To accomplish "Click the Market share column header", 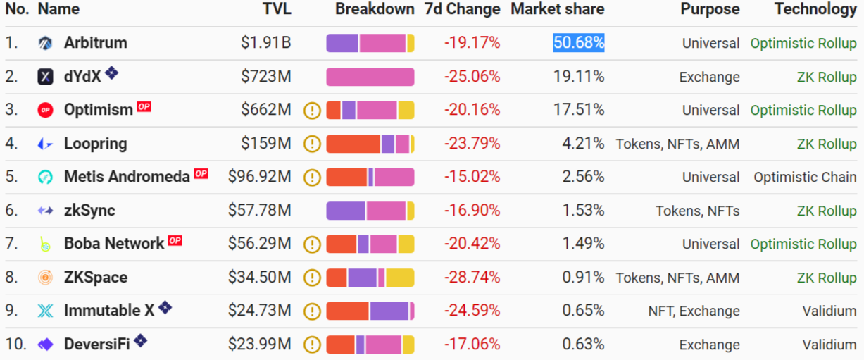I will click(557, 9).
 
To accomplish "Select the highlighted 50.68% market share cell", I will click(579, 43).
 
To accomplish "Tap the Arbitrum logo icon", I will click(46, 43).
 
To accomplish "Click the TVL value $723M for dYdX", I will click(265, 77).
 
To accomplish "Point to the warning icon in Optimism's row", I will click(312, 111).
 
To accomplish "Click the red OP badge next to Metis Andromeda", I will click(201, 173).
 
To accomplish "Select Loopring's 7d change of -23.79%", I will click(472, 144).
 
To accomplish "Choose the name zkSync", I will click(89, 211).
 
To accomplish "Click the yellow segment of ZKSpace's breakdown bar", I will click(399, 278).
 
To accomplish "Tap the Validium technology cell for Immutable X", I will click(829, 311).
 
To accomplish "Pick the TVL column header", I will click(277, 9).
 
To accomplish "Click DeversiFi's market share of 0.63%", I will click(583, 345).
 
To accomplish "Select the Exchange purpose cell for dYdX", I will click(709, 77).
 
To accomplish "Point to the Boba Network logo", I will click(46, 244).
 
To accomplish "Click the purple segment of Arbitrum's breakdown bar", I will click(342, 43).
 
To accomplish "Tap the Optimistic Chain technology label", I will click(805, 178).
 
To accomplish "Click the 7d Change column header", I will click(463, 9).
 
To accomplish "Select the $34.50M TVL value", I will click(259, 278).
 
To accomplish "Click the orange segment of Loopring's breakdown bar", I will click(353, 144).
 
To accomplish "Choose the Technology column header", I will click(815, 9).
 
